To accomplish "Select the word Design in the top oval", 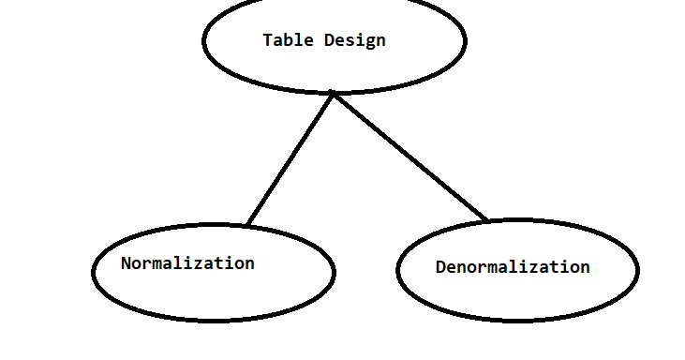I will (x=354, y=40).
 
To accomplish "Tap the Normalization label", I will (x=187, y=263).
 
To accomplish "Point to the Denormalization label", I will (x=513, y=267).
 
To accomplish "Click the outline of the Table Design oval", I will (x=204, y=40).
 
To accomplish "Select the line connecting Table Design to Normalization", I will (x=290, y=159).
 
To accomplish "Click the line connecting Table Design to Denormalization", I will (x=410, y=157).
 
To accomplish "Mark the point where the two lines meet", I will (x=334, y=94).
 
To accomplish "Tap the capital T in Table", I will (x=268, y=40).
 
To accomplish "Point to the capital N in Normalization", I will (x=127, y=263).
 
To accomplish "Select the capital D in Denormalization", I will (x=440, y=267).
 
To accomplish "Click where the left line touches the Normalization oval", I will (x=247, y=225).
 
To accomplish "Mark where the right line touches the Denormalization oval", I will (x=488, y=221).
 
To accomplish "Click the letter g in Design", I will (x=369, y=42).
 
